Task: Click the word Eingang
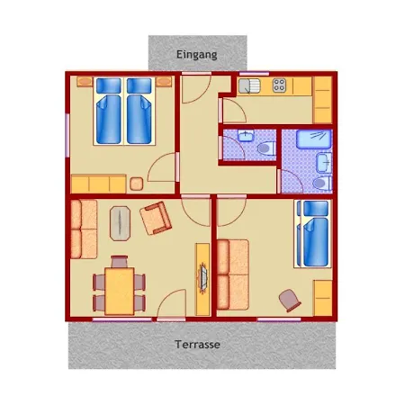197,55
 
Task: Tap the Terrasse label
197,344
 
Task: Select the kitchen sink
249,85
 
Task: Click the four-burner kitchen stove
279,85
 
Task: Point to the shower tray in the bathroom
313,139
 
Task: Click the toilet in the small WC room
266,148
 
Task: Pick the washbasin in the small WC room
246,136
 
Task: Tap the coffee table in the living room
120,223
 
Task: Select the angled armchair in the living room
156,218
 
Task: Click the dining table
120,292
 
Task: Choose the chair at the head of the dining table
120,262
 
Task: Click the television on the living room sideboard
203,276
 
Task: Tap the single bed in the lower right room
314,234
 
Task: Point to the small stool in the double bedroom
137,184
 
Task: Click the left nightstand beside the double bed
85,82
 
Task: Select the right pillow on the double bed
139,85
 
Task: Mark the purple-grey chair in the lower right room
289,301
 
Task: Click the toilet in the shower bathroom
322,183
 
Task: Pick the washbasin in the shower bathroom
324,163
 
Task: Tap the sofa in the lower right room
233,274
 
